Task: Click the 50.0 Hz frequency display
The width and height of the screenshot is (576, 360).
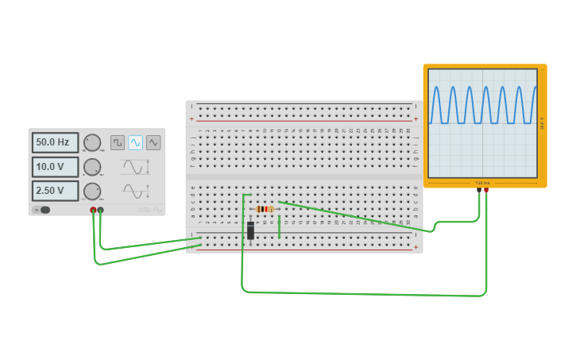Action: point(55,142)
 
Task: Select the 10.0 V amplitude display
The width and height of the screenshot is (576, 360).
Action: point(55,167)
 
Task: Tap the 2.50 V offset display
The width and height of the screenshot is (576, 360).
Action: point(55,191)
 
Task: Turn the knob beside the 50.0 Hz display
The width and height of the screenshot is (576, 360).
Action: point(92,142)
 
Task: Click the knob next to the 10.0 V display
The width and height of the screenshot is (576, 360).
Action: point(92,167)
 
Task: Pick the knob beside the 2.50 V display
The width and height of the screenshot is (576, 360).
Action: point(92,191)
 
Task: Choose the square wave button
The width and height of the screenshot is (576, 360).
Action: point(118,142)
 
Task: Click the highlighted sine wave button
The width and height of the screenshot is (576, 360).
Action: point(135,142)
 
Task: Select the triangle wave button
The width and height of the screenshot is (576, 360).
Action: point(153,142)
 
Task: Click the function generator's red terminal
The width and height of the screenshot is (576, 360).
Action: point(93,210)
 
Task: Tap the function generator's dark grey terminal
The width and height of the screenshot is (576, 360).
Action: point(100,210)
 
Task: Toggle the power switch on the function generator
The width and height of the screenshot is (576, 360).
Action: point(42,210)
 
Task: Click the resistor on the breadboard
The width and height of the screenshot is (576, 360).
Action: point(265,209)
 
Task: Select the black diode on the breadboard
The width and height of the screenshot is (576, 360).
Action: point(250,230)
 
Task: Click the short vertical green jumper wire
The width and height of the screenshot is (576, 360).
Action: point(279,226)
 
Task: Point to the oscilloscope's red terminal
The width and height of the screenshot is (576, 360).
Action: point(486,190)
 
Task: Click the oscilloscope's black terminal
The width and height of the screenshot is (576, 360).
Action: point(479,190)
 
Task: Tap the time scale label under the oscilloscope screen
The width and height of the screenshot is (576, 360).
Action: point(483,183)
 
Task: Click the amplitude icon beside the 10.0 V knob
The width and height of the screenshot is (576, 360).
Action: point(135,167)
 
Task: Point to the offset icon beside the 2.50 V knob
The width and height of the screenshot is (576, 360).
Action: point(135,191)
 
